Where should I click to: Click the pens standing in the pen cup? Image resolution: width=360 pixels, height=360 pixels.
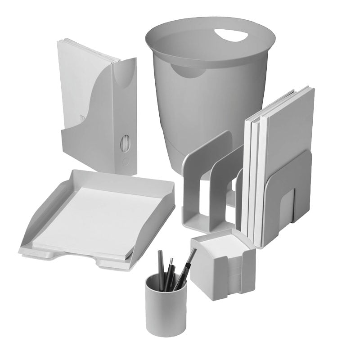(x=173, y=270)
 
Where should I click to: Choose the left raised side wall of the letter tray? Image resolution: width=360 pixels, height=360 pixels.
(x=40, y=216)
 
